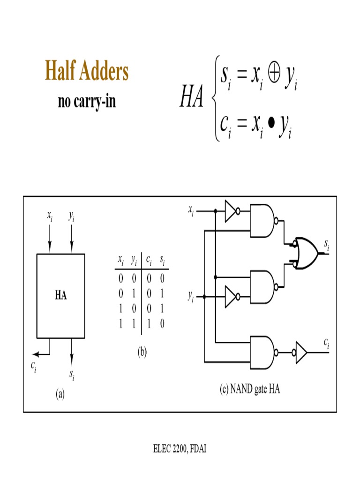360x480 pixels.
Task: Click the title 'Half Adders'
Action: [x=87, y=72]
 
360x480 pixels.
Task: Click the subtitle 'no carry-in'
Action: [x=87, y=102]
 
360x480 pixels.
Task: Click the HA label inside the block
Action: [x=60, y=296]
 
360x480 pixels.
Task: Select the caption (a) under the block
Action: [x=60, y=394]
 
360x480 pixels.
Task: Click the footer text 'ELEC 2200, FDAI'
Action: [x=180, y=449]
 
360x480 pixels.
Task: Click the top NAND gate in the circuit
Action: [x=262, y=220]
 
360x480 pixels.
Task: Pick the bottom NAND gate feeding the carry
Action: [x=262, y=352]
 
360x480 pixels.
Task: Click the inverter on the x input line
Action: [x=231, y=211]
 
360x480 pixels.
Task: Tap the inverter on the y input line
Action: [x=231, y=297]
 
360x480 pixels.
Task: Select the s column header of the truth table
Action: [x=162, y=259]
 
